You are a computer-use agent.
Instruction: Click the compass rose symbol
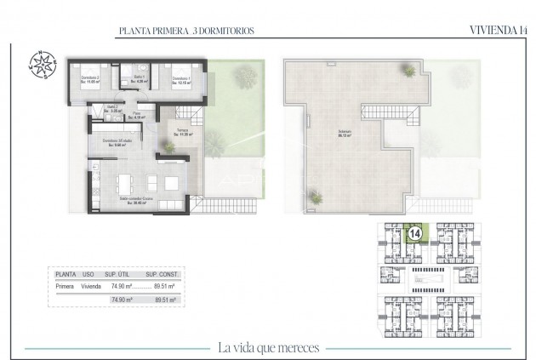pos(40,66)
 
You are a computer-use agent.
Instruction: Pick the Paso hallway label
pos(138,113)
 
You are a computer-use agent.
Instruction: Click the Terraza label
pos(183,132)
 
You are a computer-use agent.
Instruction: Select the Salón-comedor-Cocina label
pos(134,201)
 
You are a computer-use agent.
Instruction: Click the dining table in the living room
pos(125,180)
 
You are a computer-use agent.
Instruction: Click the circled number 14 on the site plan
pos(416,231)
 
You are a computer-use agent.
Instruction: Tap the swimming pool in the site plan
pos(422,277)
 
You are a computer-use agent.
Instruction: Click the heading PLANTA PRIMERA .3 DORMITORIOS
pos(186,31)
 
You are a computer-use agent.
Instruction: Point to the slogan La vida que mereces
pos(267,346)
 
